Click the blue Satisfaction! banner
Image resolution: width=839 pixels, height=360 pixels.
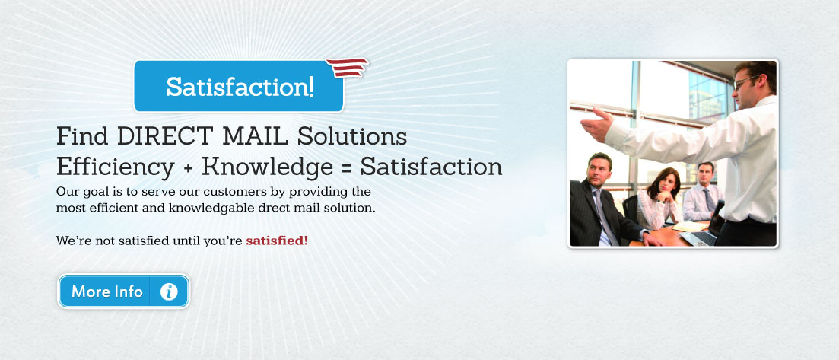tap(239, 86)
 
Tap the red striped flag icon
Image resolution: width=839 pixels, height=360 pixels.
tap(348, 68)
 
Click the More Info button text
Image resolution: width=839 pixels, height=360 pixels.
tap(107, 292)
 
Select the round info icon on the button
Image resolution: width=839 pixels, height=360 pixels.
tap(169, 292)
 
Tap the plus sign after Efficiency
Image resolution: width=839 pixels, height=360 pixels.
tap(188, 168)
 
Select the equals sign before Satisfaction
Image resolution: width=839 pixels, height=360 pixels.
tap(346, 168)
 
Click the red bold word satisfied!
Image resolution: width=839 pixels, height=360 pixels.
tap(277, 241)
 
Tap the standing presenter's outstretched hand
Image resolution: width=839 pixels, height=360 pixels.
tap(596, 124)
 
